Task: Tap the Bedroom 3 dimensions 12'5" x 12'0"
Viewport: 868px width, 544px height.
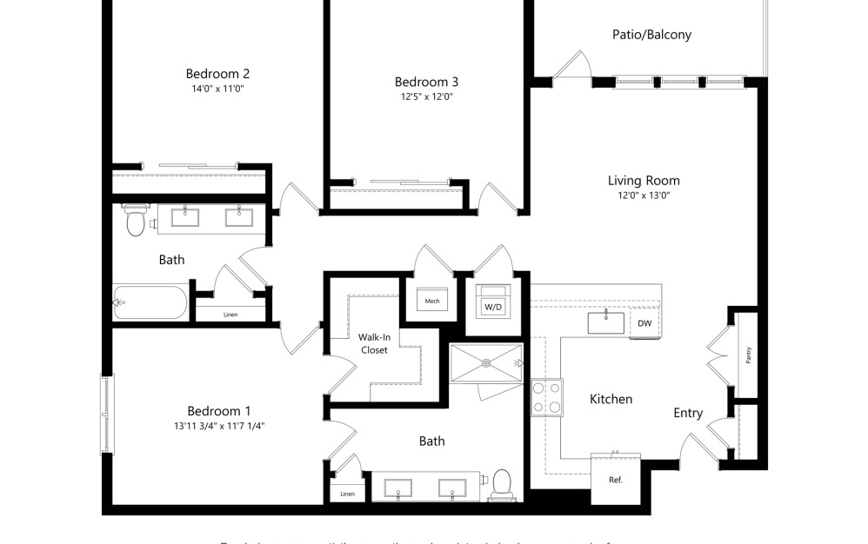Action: pos(426,96)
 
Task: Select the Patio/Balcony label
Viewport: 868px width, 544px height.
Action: pos(651,35)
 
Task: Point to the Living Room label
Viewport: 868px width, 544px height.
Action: pos(644,181)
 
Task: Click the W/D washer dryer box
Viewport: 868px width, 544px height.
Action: pos(493,306)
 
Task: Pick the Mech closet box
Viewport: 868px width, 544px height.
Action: pos(432,301)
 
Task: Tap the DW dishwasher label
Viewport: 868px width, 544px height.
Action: pos(644,323)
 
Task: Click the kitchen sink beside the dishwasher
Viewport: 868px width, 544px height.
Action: pos(606,323)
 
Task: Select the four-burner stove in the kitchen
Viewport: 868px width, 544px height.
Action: pos(546,397)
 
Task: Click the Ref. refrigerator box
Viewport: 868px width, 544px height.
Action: pos(616,479)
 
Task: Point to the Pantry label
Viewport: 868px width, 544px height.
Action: pos(748,355)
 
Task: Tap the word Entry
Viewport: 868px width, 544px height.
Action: pos(688,414)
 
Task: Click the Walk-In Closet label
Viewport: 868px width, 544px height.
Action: pos(373,343)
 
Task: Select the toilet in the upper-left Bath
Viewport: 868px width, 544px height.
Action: pos(135,222)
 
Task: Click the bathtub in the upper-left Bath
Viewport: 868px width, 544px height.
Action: pos(150,302)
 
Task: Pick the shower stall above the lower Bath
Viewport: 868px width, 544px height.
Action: pos(485,362)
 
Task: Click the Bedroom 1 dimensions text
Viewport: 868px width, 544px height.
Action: pos(219,426)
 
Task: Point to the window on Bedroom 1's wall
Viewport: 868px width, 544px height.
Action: pos(106,413)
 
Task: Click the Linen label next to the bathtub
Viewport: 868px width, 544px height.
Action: pos(230,315)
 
